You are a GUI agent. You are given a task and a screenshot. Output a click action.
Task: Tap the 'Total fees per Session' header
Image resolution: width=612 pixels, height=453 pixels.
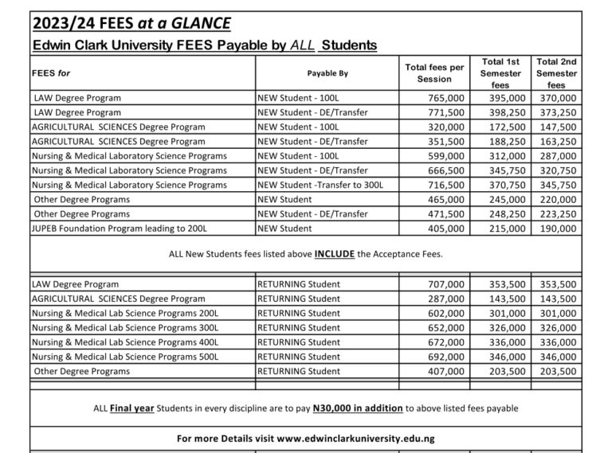tap(434, 73)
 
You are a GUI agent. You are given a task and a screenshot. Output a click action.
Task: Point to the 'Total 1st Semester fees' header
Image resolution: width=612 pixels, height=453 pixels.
tap(501, 73)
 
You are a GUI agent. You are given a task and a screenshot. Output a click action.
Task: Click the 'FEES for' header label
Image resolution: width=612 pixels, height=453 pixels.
tap(50, 73)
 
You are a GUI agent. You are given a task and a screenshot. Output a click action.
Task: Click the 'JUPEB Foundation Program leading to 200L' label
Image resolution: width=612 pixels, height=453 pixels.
tap(120, 228)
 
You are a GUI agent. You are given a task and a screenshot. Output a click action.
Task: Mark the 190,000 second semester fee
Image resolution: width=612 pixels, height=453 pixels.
tap(558, 228)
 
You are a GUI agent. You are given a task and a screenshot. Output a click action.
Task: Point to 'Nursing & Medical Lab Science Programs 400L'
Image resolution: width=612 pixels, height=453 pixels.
tap(125, 342)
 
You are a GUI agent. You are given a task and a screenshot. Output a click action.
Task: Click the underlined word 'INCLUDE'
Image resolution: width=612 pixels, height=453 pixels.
tap(340, 255)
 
